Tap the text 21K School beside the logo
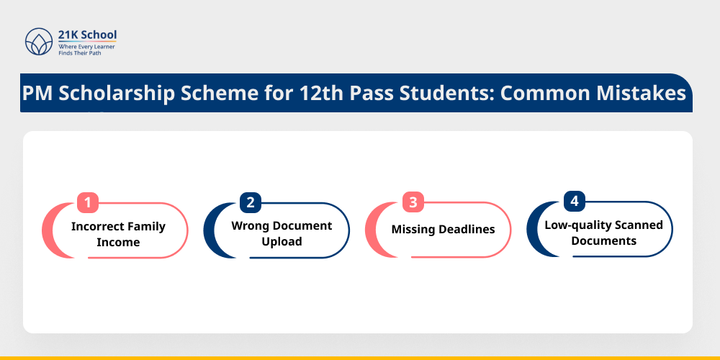pos(87,35)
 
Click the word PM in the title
pos(37,94)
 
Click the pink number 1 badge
pos(87,203)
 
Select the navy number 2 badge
pos(250,202)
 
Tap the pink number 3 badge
pos(413,202)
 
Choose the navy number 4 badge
pos(573,201)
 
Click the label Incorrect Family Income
pos(118,234)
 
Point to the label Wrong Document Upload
pos(282,233)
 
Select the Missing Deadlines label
pos(443,230)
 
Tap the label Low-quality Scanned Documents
pos(603,233)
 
